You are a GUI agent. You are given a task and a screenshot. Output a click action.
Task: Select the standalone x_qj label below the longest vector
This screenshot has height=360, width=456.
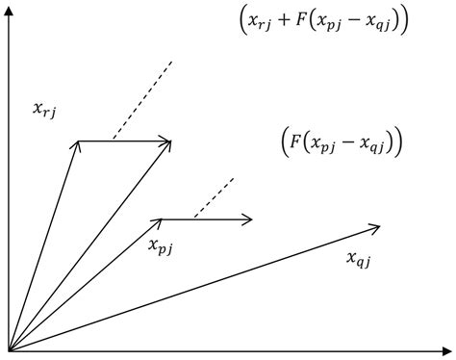358,258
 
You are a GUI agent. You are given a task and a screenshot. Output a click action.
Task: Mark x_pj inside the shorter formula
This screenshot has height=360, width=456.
322,144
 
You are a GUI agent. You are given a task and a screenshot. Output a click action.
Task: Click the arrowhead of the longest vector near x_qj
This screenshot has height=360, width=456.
376,227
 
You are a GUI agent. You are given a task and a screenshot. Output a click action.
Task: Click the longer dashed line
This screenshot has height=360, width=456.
142,100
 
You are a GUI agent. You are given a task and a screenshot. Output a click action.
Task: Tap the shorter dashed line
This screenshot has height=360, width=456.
213,198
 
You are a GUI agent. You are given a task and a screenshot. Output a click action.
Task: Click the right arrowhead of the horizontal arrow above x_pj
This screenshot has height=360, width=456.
249,219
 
